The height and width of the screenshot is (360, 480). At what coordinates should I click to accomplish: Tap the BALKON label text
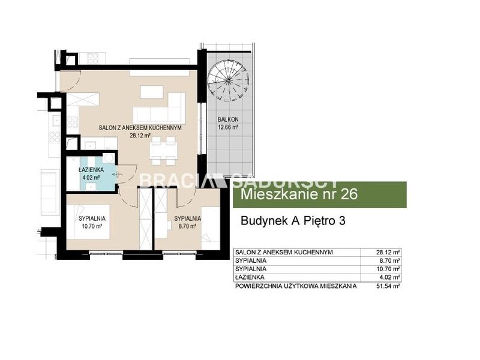tap(228, 119)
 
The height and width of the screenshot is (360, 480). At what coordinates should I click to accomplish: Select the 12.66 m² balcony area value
tap(228, 127)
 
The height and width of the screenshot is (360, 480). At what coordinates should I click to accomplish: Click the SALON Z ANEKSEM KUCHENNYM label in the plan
tap(140, 128)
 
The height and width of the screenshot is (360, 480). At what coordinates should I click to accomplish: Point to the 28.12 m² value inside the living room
tap(140, 136)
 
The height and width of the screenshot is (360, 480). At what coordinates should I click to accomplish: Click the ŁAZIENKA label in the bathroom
tap(91, 170)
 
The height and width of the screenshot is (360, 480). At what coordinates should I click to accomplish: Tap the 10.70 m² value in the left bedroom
tap(92, 227)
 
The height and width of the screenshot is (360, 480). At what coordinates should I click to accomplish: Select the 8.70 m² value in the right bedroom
tap(187, 227)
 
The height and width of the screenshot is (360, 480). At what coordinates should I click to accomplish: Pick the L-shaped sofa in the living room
tap(160, 108)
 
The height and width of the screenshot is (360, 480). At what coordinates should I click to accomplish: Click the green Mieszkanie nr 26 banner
tap(320, 194)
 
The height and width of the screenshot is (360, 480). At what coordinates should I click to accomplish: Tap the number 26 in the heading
tap(349, 194)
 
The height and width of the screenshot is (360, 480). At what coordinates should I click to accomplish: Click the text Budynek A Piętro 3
tap(293, 221)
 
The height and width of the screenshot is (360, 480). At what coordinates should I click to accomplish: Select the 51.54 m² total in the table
tap(388, 286)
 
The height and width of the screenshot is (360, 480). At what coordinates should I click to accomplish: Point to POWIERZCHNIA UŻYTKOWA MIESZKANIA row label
tap(296, 286)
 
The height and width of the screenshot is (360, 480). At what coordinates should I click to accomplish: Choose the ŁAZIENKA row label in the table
tap(250, 278)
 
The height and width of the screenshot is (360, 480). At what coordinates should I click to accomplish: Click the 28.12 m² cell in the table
tap(388, 252)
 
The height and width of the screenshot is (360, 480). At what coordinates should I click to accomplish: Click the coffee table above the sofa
tap(152, 92)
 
